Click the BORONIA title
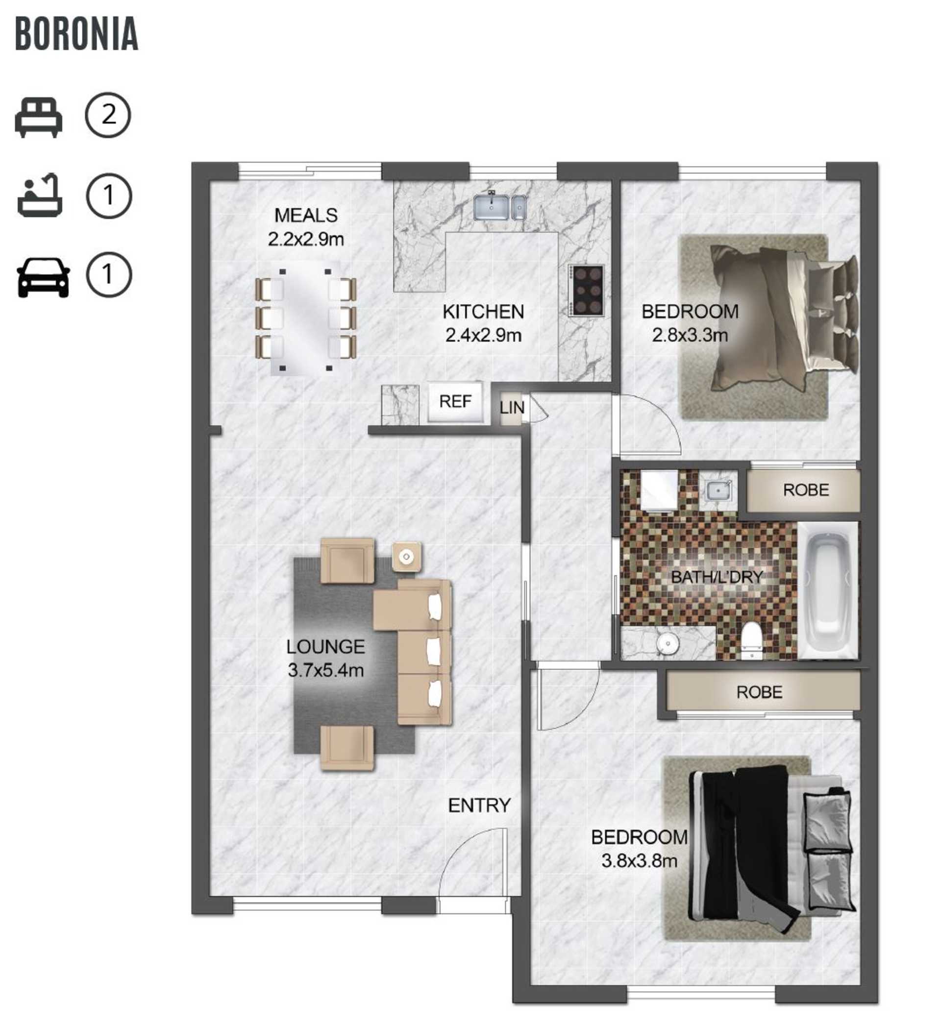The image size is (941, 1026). [77, 34]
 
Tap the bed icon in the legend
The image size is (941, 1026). [39, 118]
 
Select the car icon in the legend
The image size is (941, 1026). [43, 277]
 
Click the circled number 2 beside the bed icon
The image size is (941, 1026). [108, 115]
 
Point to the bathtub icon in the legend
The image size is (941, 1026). [40, 196]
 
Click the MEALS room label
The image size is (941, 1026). [306, 216]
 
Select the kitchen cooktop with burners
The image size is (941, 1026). [587, 290]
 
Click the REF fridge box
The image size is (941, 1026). [455, 402]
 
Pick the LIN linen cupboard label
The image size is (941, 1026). [511, 408]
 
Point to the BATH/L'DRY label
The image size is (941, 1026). [717, 577]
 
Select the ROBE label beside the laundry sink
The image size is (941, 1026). [806, 490]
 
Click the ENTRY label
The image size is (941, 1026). [479, 805]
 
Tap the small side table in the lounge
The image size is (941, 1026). [406, 556]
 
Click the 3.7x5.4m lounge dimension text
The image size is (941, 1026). [326, 670]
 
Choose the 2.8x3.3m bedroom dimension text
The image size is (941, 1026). [690, 335]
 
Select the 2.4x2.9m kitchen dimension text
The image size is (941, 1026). [483, 335]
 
